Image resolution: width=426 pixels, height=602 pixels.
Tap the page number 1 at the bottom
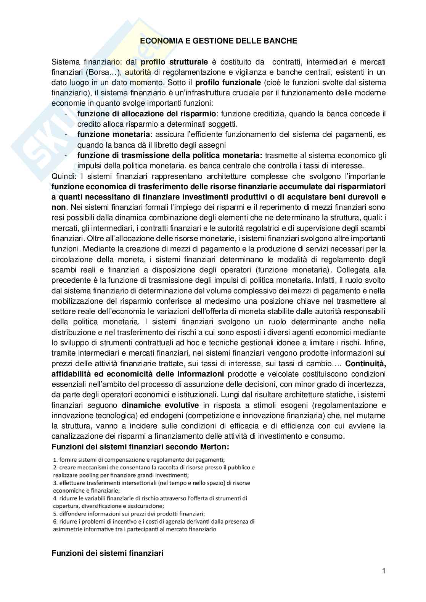tap(384, 571)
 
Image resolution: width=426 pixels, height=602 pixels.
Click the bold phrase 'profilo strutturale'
tap(175, 62)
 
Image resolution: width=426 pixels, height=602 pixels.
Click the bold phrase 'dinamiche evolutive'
tap(160, 405)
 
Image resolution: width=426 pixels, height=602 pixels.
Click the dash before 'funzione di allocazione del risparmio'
tap(66, 114)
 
